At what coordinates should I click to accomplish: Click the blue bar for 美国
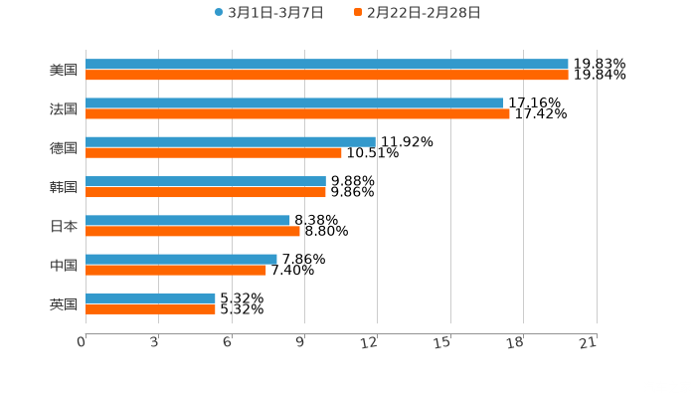(327, 65)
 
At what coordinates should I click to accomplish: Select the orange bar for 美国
(327, 76)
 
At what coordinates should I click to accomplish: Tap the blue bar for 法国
(294, 103)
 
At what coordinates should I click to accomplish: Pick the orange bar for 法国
(297, 114)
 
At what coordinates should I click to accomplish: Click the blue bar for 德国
(231, 142)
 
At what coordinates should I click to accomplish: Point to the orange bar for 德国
(214, 153)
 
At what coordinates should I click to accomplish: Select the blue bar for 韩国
(206, 181)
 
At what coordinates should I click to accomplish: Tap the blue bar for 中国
(181, 260)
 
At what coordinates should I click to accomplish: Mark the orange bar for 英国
(150, 309)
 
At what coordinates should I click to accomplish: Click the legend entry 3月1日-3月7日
(268, 13)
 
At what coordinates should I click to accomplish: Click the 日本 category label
(64, 226)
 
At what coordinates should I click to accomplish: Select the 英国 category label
(64, 304)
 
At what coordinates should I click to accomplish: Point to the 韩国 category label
(64, 187)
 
